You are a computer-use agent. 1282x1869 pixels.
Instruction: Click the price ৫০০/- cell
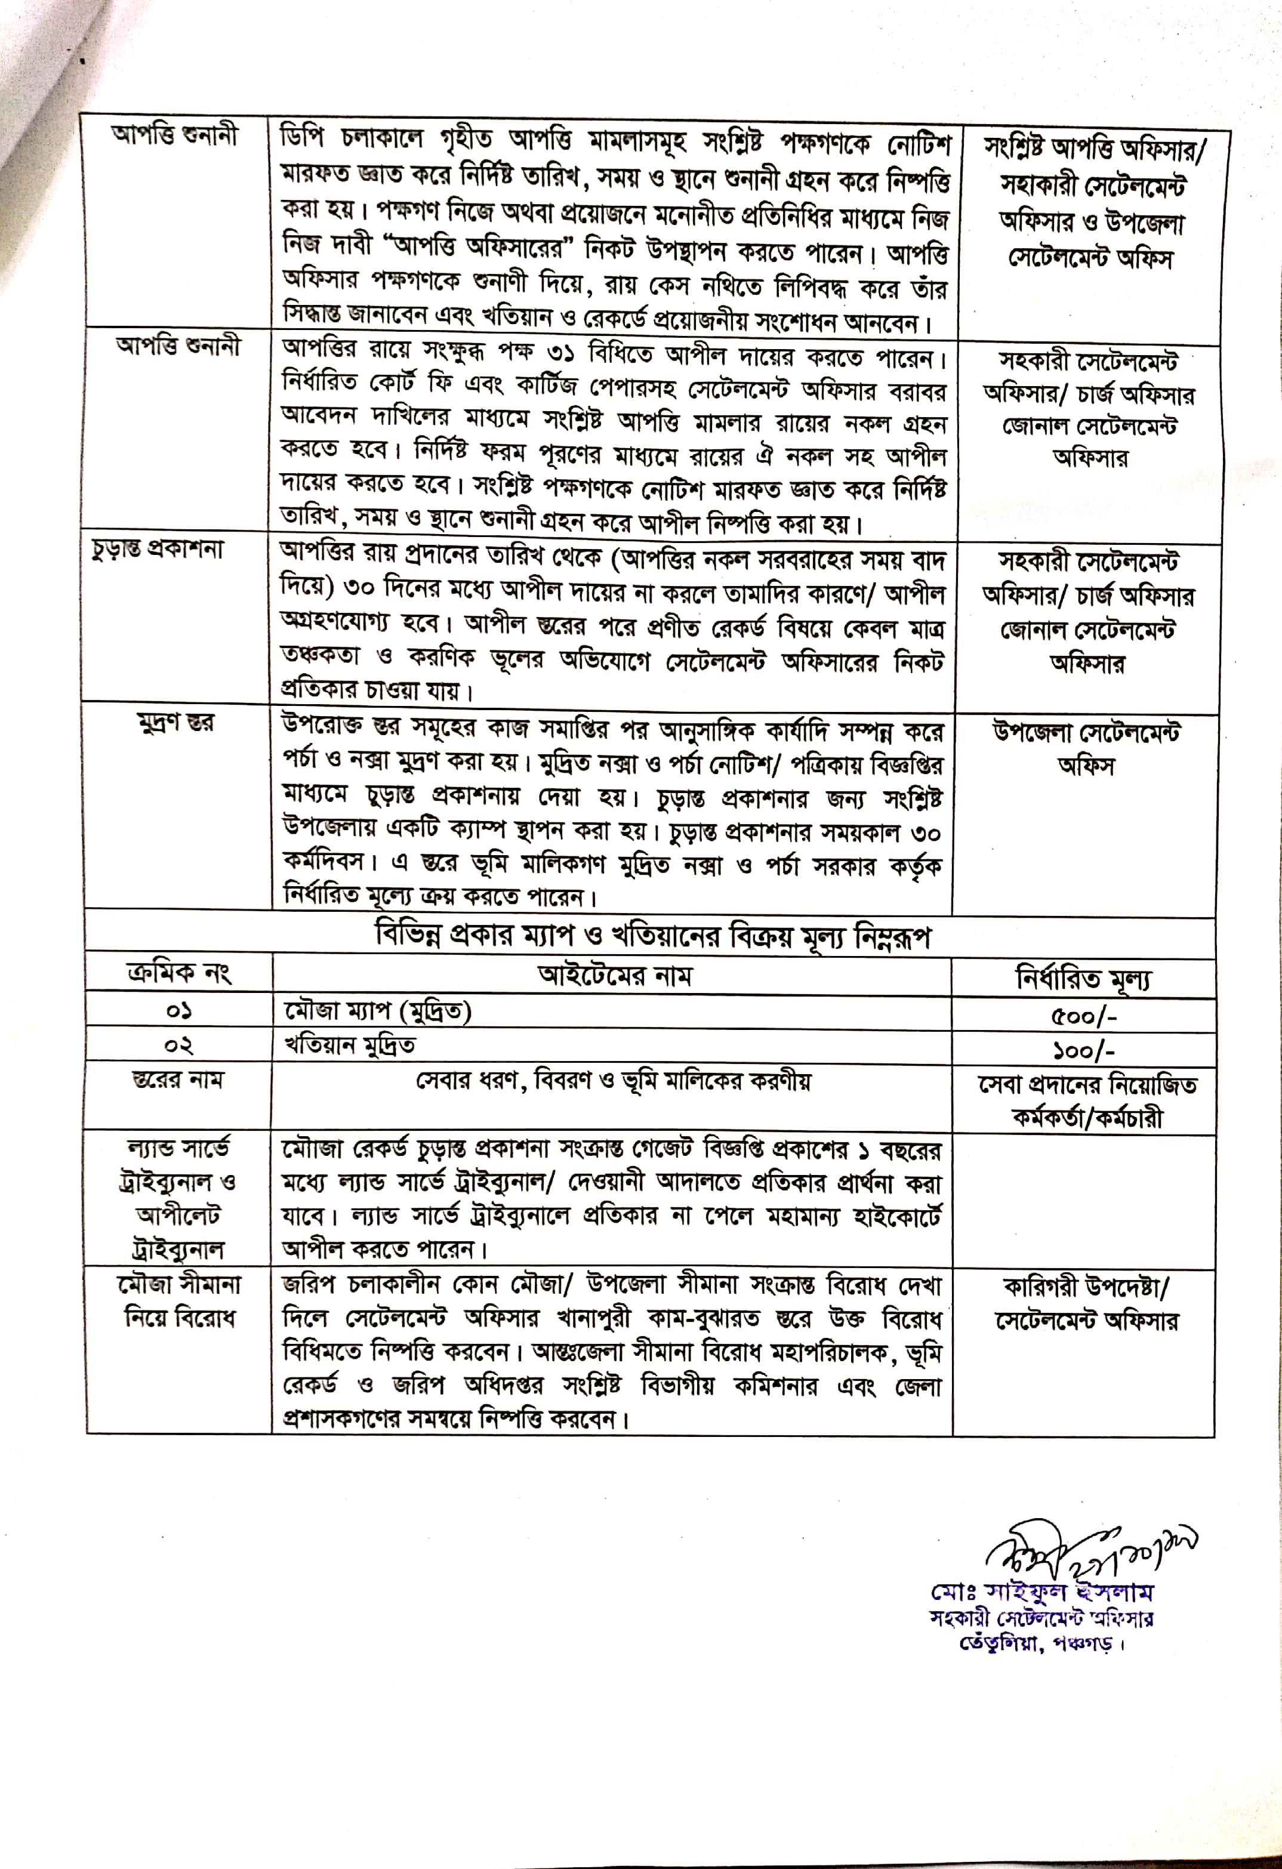(x=1083, y=1016)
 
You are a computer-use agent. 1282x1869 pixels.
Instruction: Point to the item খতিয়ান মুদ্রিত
(x=350, y=1045)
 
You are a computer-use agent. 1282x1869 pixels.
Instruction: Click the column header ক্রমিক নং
(x=178, y=974)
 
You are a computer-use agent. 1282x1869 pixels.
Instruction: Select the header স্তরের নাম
(x=178, y=1080)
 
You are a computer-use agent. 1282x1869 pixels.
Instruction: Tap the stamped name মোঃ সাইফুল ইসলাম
(x=1042, y=1592)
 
